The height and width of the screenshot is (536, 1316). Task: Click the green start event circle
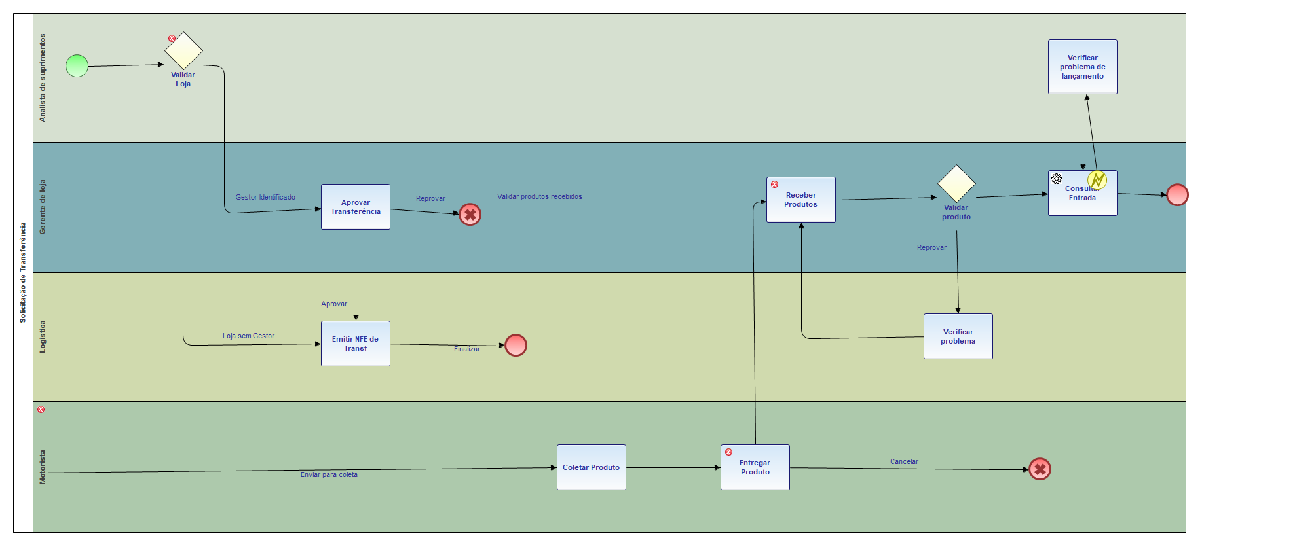(x=77, y=65)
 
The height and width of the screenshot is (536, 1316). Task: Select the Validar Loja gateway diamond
(x=183, y=51)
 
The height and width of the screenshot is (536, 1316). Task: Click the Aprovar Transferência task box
(x=355, y=207)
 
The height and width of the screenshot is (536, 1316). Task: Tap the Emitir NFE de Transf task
(x=355, y=344)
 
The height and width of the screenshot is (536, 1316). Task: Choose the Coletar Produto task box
(x=591, y=467)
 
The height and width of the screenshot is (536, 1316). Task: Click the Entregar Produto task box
(x=755, y=467)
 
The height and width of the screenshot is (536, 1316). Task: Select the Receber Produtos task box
(x=800, y=200)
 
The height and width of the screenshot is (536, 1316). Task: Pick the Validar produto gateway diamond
(x=956, y=184)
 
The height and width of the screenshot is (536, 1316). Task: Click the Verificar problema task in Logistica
(x=958, y=336)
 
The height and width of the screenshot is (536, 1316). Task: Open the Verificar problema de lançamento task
(x=1082, y=67)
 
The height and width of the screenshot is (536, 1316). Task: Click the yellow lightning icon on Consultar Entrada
(x=1097, y=179)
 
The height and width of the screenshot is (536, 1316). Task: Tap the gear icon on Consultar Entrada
(x=1057, y=179)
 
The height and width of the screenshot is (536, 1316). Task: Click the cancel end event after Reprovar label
(x=470, y=215)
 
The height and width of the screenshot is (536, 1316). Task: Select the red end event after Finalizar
(x=516, y=345)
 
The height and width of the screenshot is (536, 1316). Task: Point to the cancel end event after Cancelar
(x=1040, y=469)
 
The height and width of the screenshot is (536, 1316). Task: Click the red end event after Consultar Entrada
(x=1177, y=195)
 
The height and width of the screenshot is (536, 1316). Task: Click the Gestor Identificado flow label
(x=265, y=197)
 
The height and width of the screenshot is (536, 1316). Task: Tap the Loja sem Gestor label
(x=248, y=336)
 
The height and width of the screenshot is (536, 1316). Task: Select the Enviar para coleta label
(x=329, y=474)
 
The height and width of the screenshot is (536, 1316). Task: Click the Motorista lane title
(x=43, y=467)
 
